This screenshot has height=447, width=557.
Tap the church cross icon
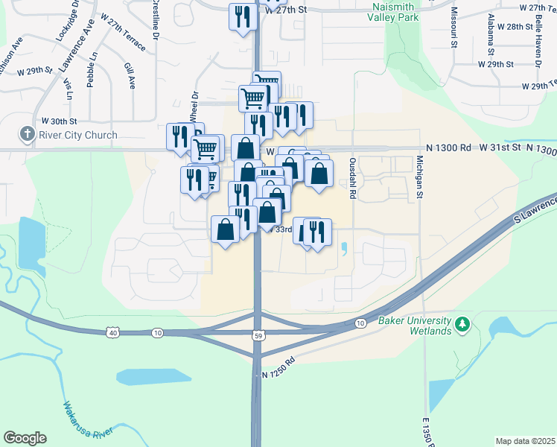point(28,134)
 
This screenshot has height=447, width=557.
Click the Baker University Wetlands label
point(415,326)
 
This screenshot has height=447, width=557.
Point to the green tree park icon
point(462,324)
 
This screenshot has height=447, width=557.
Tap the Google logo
point(25,438)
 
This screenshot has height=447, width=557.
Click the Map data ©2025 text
point(525,441)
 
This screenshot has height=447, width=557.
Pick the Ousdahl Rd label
point(352,179)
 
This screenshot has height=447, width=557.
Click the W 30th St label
point(59,121)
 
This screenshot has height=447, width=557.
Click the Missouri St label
point(453,28)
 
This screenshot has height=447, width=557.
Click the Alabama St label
point(491,35)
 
